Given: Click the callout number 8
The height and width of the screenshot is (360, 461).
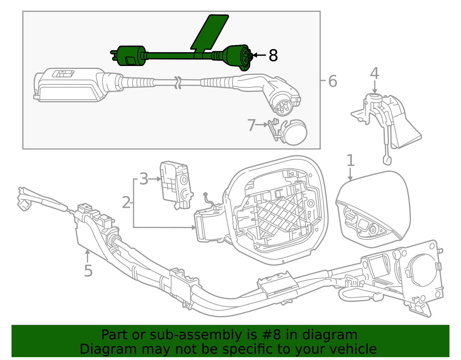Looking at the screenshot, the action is tap(273, 55).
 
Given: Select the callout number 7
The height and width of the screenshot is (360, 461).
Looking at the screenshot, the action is tap(252, 125).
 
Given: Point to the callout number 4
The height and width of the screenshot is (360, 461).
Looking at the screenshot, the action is tap(375, 73).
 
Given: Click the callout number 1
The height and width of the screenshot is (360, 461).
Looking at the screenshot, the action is tap(350, 160).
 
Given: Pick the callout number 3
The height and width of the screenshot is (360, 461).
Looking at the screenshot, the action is tap(143, 179).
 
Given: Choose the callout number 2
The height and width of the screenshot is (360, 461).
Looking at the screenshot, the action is tap(126, 203).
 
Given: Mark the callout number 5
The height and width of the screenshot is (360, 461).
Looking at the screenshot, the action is tap(88, 271).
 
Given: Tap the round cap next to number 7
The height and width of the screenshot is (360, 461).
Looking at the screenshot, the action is tap(295, 133).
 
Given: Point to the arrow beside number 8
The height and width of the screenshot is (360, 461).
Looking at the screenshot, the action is tap(259, 55).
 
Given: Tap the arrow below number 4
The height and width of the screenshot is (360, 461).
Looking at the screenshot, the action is tap(375, 87).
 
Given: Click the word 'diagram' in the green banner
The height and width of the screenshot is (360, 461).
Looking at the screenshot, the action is tap(330, 335).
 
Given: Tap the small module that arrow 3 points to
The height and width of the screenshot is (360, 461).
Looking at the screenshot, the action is tap(176, 185).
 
